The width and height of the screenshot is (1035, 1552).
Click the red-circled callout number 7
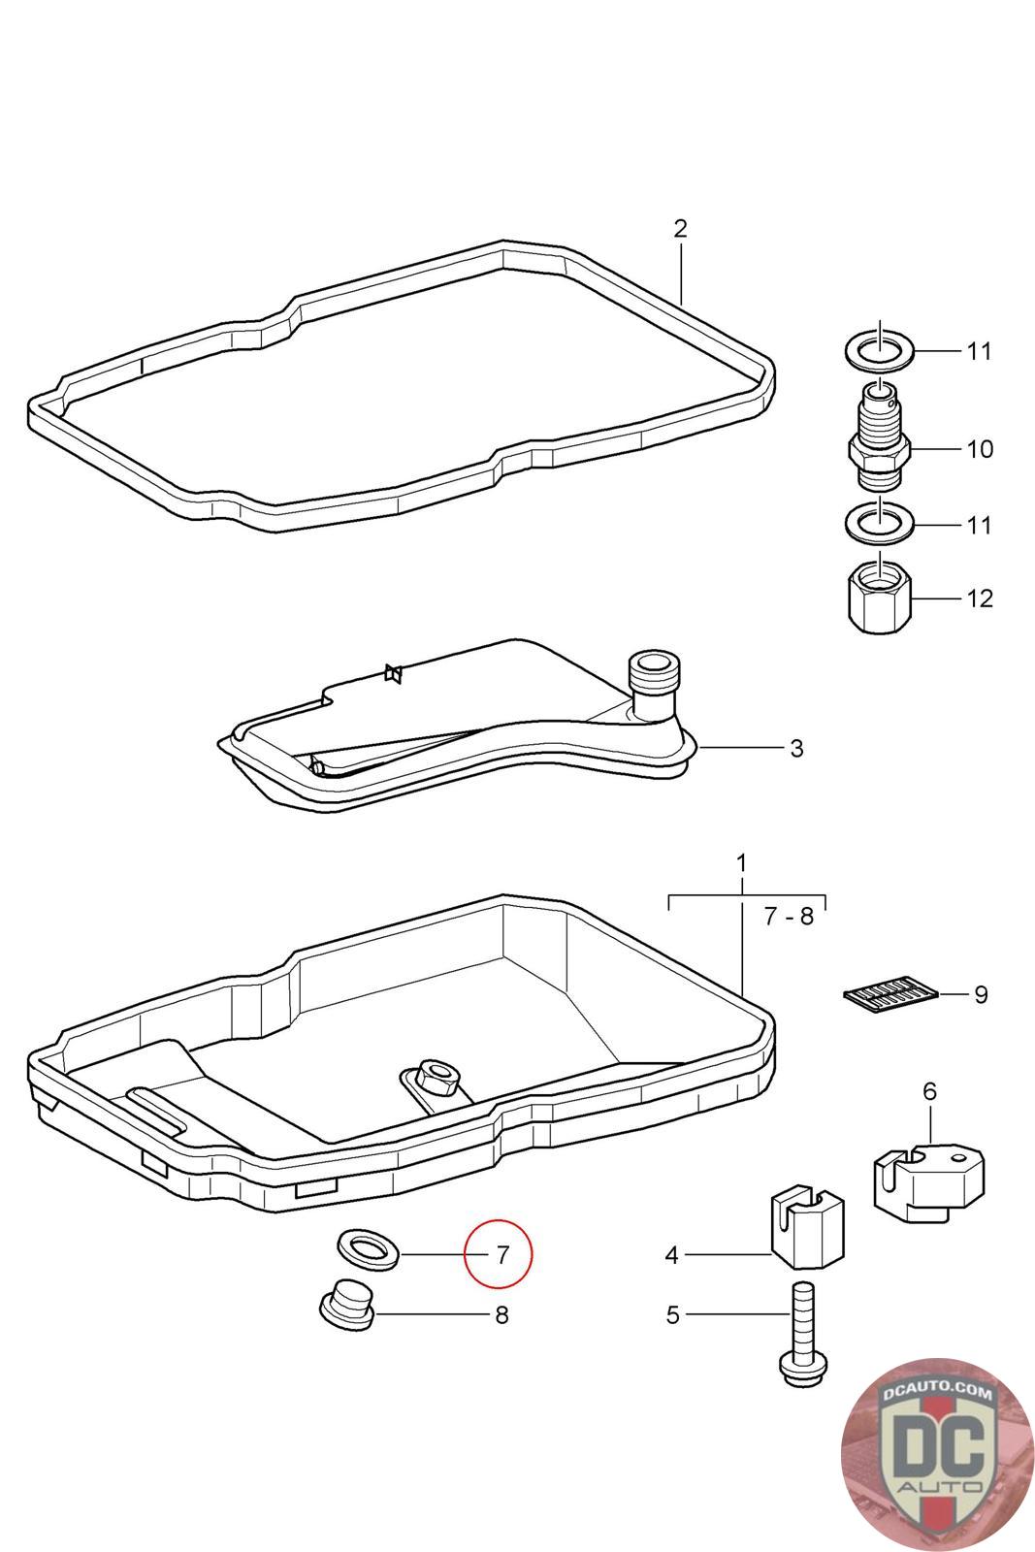tap(501, 1254)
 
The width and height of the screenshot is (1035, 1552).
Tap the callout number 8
tap(501, 1315)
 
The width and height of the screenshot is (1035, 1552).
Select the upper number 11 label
tap(980, 350)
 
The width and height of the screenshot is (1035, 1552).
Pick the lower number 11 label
tap(980, 525)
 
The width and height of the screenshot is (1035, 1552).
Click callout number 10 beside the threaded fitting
tap(980, 449)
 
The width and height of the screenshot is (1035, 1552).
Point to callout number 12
tap(980, 598)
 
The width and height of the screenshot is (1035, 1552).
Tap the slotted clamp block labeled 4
tap(807, 1230)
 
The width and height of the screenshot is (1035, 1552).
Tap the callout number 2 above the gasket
tap(680, 229)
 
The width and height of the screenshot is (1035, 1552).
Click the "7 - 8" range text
tap(788, 916)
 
